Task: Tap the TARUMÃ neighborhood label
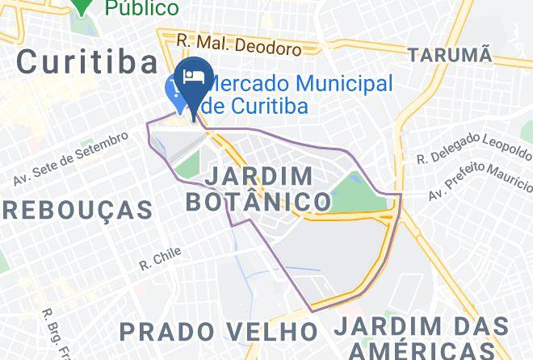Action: point(449,55)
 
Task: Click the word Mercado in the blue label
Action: point(251,83)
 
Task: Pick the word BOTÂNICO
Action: point(258,202)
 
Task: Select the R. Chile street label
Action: point(159,258)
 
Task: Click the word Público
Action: point(142,7)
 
